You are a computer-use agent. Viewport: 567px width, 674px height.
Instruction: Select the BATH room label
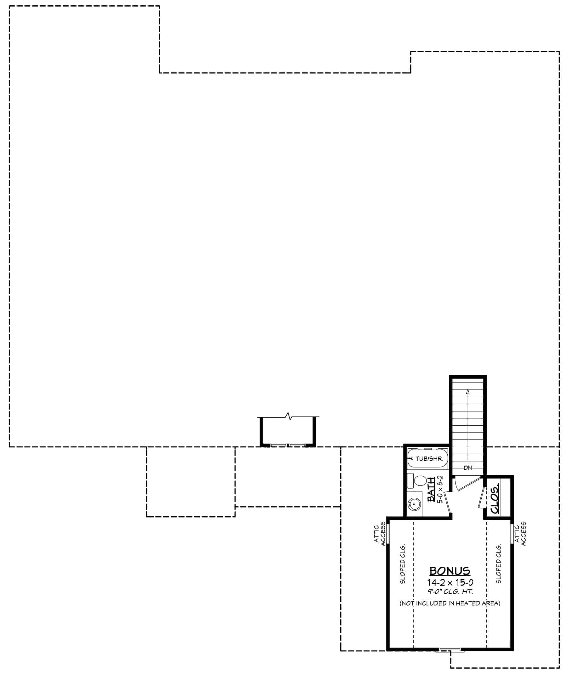click(x=431, y=490)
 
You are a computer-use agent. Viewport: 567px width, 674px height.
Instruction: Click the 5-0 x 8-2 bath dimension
click(x=440, y=490)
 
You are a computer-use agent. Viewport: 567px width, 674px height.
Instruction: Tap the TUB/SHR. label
click(x=429, y=459)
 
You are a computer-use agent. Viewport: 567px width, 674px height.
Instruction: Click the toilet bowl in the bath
click(x=420, y=481)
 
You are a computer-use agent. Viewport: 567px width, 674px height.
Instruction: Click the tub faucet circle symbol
click(x=412, y=458)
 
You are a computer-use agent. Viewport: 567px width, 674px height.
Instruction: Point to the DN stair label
click(x=468, y=468)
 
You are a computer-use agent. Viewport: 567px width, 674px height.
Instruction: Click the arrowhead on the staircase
click(x=468, y=392)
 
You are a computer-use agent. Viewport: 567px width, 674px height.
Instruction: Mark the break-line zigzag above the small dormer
click(x=288, y=416)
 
